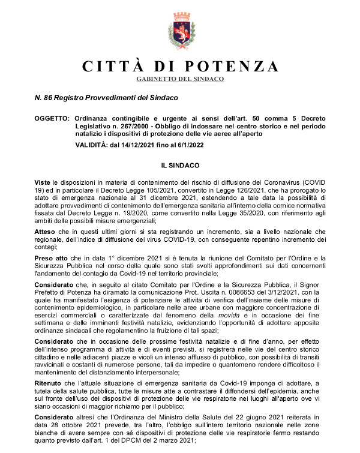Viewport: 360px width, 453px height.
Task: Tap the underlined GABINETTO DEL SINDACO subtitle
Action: (x=180, y=79)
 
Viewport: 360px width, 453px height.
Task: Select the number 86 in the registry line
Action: (x=47, y=97)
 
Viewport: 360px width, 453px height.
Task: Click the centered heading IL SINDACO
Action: (x=180, y=163)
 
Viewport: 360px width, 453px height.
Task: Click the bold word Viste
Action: (x=42, y=181)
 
